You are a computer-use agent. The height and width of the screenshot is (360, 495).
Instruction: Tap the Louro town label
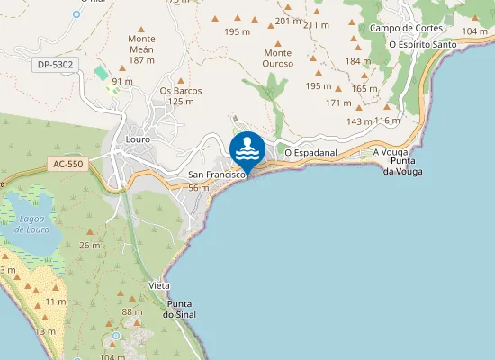(x=139, y=140)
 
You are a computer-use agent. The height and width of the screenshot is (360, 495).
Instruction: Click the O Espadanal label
(x=310, y=153)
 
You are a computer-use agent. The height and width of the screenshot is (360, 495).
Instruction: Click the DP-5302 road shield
(x=56, y=65)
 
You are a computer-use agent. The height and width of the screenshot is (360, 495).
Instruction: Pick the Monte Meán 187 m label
(x=141, y=49)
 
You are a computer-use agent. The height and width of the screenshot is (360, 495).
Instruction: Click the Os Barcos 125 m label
(x=180, y=95)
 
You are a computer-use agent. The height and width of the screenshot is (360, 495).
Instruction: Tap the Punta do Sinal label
(x=179, y=309)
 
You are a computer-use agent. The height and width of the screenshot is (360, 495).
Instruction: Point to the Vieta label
(x=159, y=284)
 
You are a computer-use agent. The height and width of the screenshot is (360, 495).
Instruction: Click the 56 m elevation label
(x=199, y=187)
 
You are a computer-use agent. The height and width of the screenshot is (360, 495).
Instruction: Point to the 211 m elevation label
(x=316, y=25)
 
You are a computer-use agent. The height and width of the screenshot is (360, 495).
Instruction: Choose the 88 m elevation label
(x=132, y=311)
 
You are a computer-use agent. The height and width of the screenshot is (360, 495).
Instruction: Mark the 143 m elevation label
(x=359, y=121)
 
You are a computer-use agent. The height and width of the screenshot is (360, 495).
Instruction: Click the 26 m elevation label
(x=90, y=245)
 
